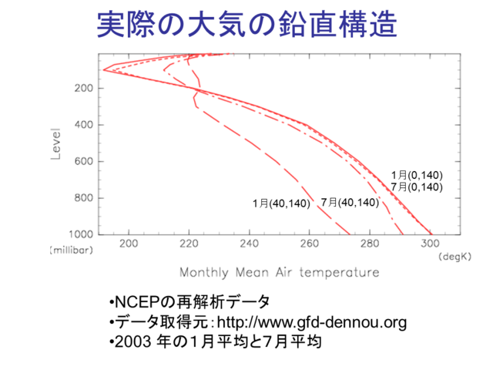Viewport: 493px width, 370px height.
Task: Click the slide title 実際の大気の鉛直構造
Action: pos(247,25)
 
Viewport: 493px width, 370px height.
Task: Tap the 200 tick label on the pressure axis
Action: pos(84,88)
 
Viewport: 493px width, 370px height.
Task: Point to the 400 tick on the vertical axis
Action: pos(84,125)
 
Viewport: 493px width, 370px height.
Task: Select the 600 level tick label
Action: pos(84,161)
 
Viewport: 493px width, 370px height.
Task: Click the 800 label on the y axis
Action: pos(84,198)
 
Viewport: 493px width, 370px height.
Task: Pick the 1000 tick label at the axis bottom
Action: pos(81,234)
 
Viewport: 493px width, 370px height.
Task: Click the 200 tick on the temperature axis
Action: pos(129,244)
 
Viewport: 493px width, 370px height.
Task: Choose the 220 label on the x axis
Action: pos(189,244)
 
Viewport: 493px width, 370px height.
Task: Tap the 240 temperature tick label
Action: pos(250,244)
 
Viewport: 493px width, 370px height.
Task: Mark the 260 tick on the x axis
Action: pos(310,244)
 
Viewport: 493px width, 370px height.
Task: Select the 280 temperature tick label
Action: pos(370,244)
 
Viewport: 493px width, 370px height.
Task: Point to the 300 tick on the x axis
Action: pos(430,244)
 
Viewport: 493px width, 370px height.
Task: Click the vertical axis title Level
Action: pos(55,144)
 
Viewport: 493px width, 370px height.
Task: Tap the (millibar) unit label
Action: pos(72,251)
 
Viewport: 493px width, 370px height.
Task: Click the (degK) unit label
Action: pos(455,257)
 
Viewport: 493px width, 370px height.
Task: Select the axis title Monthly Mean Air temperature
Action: pos(280,272)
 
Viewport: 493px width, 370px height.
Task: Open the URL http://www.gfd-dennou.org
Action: pos(311,322)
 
